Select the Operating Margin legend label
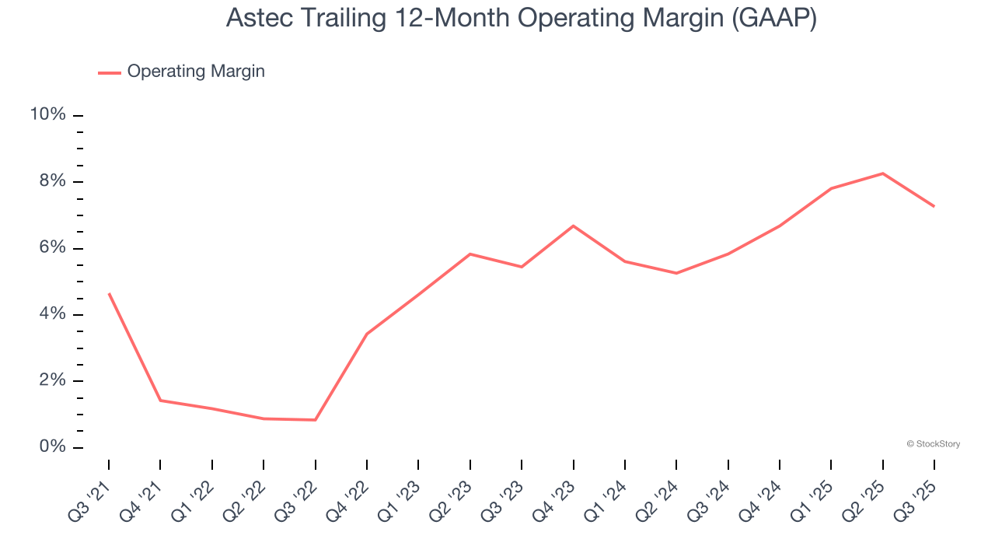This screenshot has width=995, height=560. click(196, 72)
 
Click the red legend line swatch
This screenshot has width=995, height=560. click(110, 72)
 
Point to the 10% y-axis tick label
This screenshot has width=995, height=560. click(47, 115)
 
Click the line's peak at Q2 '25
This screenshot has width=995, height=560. click(882, 173)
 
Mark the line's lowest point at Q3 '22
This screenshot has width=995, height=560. click(315, 420)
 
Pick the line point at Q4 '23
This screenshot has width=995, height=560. click(573, 226)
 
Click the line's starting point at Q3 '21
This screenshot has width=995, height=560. click(109, 293)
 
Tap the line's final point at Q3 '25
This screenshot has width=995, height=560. click(934, 206)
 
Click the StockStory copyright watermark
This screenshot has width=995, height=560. click(933, 444)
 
